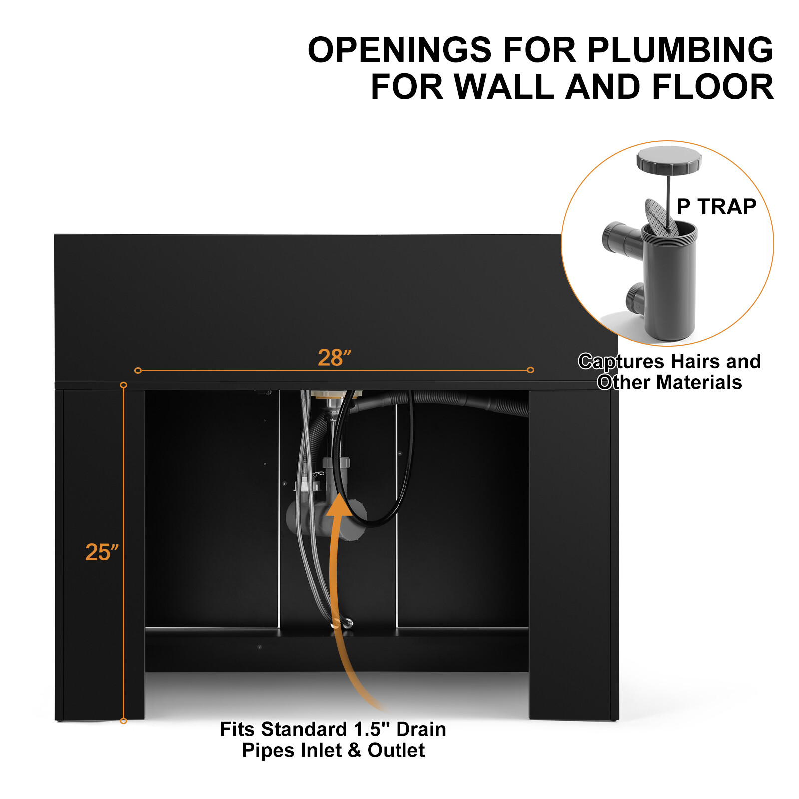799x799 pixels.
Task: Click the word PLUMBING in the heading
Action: click(680, 50)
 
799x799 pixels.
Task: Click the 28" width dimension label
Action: click(334, 357)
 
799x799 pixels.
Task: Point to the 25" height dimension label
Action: click(102, 552)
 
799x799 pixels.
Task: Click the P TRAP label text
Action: click(716, 206)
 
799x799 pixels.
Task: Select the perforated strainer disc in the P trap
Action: click(660, 217)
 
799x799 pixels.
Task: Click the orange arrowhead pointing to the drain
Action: click(339, 504)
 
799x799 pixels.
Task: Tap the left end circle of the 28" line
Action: click(138, 370)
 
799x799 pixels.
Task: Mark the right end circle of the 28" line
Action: click(530, 370)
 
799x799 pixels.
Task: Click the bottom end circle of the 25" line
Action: click(123, 721)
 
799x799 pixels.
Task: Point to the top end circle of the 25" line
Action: click(123, 385)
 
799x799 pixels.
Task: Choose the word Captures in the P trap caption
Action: click(621, 362)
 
